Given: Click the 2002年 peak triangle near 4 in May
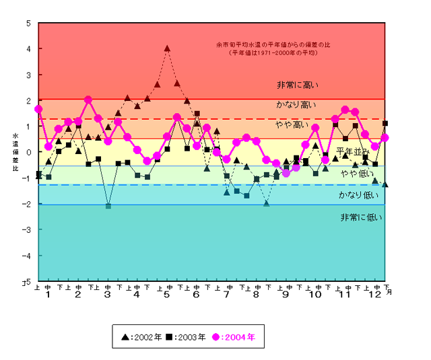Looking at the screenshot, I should pyautogui.click(x=167, y=48).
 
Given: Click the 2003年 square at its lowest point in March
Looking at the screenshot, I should pyautogui.click(x=108, y=206).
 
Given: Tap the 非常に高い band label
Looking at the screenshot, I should pyautogui.click(x=298, y=85).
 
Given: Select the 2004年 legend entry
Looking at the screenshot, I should pyautogui.click(x=238, y=337).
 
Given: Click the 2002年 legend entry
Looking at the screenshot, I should pyautogui.click(x=141, y=337).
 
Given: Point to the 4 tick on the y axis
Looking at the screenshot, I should pyautogui.click(x=28, y=48).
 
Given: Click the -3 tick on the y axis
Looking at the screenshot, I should pyautogui.click(x=27, y=230).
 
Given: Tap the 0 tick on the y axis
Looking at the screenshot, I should pyautogui.click(x=28, y=152).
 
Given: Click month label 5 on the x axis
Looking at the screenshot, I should pyautogui.click(x=166, y=295).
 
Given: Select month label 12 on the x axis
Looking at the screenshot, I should pyautogui.click(x=374, y=295).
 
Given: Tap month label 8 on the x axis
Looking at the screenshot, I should pyautogui.click(x=255, y=295).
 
